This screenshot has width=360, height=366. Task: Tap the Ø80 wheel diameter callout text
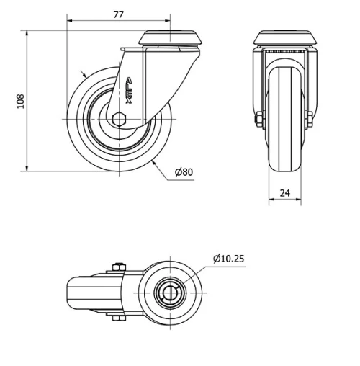pos(184,171)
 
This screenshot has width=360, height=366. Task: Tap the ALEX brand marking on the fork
pos(130,92)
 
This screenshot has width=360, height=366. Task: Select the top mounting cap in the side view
pos(171,37)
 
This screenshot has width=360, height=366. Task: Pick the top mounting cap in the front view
pos(284,37)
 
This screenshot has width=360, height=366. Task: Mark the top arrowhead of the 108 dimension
pos(27,32)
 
